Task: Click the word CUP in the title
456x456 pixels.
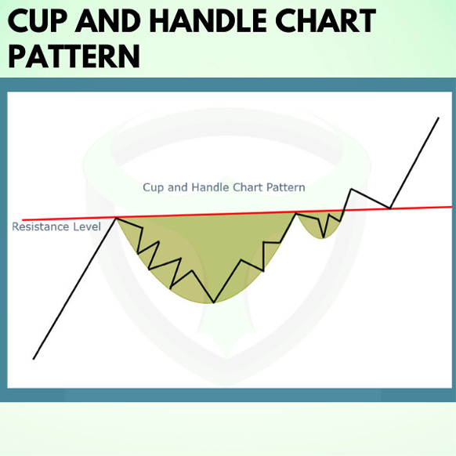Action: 38,20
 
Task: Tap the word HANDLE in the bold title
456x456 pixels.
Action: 208,20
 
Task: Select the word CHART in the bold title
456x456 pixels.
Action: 326,20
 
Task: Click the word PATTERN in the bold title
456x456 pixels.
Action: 74,56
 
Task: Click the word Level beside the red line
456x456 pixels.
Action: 87,226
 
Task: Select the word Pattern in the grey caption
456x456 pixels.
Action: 286,187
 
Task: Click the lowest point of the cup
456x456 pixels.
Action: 214,302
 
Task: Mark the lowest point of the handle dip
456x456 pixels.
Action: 324,237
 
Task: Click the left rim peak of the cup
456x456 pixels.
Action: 116,218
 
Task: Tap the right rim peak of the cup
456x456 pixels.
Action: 295,213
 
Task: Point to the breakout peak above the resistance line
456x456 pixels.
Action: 351,189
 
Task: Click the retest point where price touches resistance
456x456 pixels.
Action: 390,208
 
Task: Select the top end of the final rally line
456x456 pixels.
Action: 439,118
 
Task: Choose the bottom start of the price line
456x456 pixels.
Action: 34,359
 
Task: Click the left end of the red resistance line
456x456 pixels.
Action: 23,220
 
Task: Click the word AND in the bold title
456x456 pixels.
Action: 108,20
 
